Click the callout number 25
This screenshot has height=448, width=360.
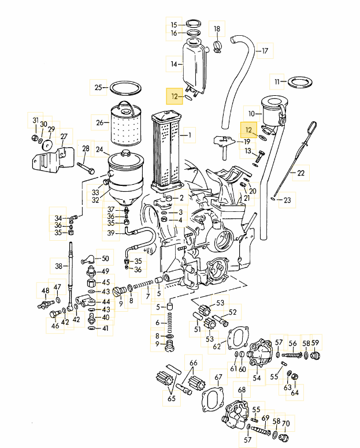98,87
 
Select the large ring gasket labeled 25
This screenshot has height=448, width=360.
125,82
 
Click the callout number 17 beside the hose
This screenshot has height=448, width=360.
265,51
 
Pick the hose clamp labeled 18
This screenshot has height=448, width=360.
217,47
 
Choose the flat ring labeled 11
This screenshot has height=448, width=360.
300,83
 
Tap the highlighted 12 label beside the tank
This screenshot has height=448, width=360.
175,96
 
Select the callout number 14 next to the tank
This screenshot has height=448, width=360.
174,64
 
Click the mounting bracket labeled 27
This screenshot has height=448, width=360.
53,159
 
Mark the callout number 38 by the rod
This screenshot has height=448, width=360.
58,266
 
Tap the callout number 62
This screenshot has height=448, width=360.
217,346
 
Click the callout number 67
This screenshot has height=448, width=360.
218,377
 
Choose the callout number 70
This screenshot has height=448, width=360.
285,423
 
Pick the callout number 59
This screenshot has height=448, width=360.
315,342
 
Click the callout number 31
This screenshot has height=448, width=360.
35,120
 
